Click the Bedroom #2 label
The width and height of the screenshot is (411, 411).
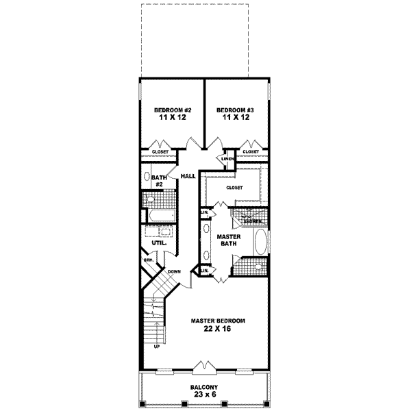172,110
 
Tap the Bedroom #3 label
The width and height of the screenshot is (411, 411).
236,110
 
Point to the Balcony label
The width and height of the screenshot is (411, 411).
205,386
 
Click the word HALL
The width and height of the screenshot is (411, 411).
188,176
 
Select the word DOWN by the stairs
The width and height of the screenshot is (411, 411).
174,271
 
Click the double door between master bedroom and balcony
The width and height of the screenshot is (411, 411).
205,368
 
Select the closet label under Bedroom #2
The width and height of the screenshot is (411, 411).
160,151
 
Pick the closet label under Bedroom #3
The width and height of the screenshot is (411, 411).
251,151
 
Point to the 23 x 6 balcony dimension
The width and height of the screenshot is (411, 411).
205,396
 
